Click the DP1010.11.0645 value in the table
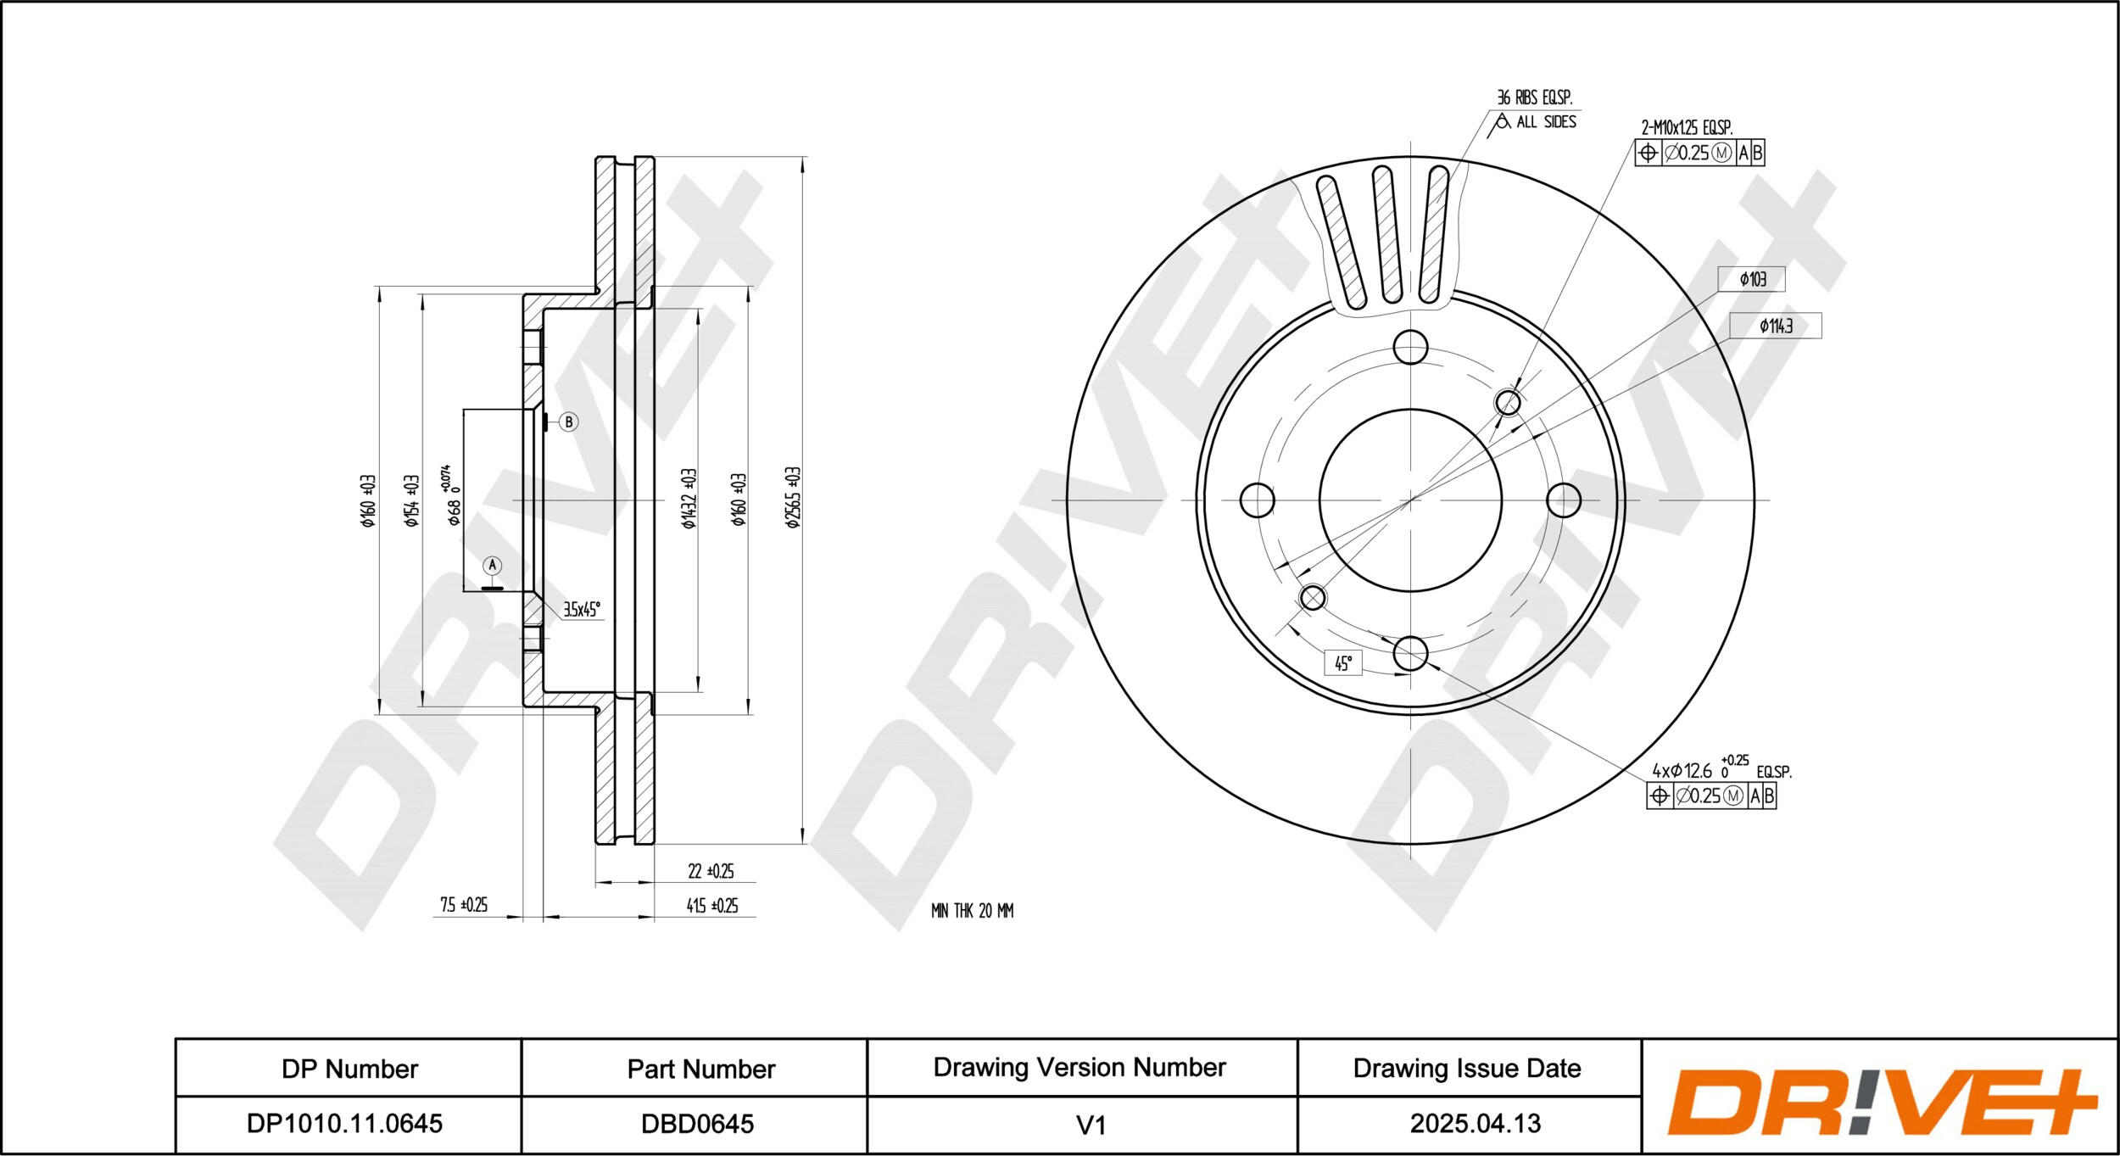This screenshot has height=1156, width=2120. click(x=344, y=1124)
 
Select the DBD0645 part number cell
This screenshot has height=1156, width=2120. click(x=697, y=1124)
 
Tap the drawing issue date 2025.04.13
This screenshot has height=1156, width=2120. click(x=1475, y=1124)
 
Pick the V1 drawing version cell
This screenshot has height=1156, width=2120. click(x=1091, y=1125)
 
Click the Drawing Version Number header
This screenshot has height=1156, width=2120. click(x=1080, y=1067)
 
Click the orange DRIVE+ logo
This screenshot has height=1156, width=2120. click(x=1882, y=1103)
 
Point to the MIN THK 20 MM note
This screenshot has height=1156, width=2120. click(x=972, y=911)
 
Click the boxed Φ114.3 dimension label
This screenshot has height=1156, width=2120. click(x=1775, y=326)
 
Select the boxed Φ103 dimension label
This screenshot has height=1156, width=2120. click(x=1751, y=279)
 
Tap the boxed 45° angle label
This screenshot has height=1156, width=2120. click(x=1343, y=662)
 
